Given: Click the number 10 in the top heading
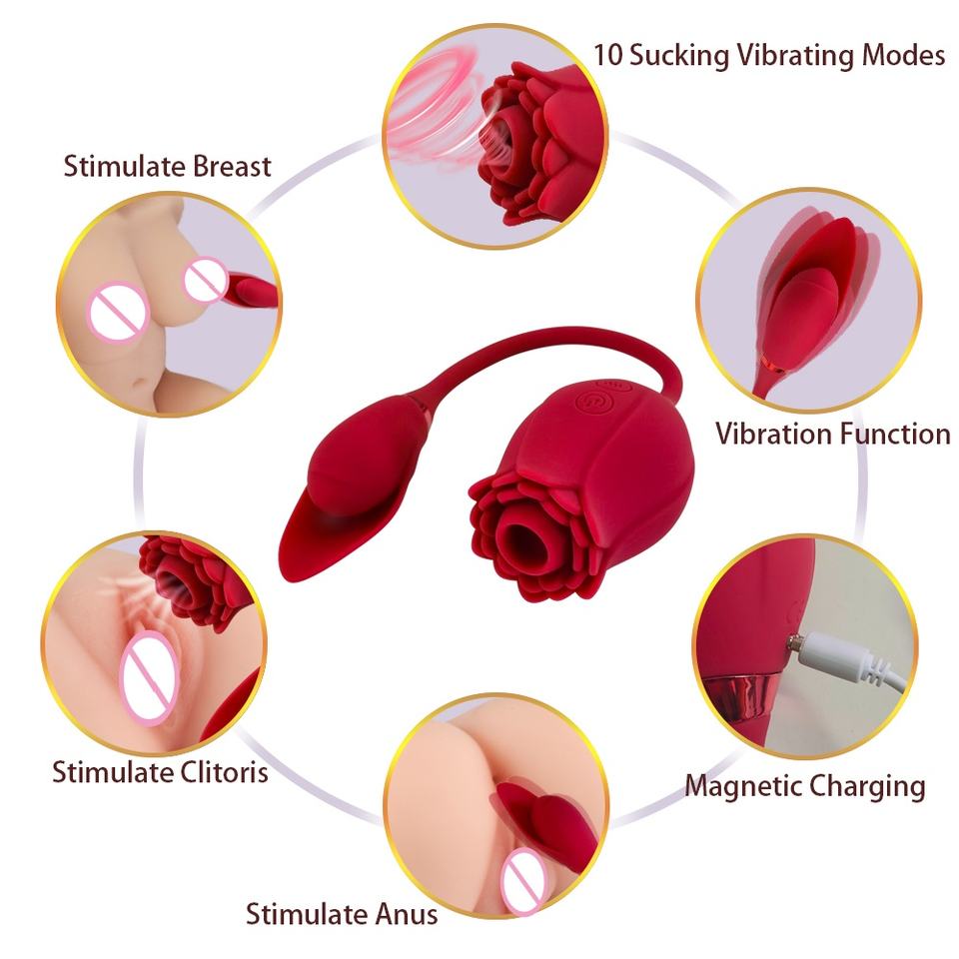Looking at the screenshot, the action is coord(608,55).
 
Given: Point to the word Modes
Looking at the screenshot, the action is coord(903,55).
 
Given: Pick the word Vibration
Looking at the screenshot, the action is coord(773,434).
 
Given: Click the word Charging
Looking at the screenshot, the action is coord(862,787).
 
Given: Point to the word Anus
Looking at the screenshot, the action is coord(407,914).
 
